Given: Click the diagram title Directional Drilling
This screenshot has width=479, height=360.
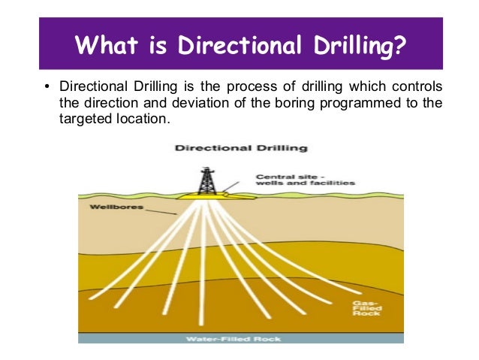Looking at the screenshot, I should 235,148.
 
